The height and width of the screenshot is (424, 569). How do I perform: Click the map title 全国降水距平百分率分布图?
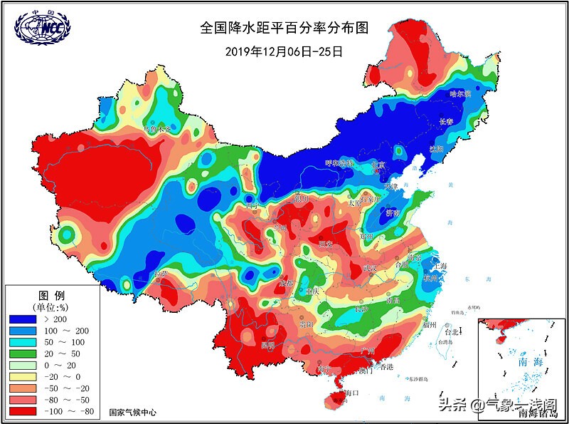coord(284,29)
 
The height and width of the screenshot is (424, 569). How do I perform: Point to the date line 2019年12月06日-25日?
coord(284,51)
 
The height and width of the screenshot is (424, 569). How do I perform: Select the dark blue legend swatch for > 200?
coord(22,319)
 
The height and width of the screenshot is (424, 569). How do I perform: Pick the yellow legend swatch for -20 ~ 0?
coord(22,378)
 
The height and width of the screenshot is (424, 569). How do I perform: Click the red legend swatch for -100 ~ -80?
coord(22,412)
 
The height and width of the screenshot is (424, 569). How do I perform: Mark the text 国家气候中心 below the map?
coord(133,412)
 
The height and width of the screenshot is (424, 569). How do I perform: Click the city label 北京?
coord(377,165)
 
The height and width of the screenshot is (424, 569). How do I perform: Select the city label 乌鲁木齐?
coord(158,130)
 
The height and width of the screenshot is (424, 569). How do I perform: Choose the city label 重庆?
coord(311,291)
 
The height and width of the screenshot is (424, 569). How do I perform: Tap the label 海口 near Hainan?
coord(353,393)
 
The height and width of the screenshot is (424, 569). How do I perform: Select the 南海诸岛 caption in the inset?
coord(538,412)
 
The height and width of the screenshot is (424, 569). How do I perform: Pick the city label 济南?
coord(393,212)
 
